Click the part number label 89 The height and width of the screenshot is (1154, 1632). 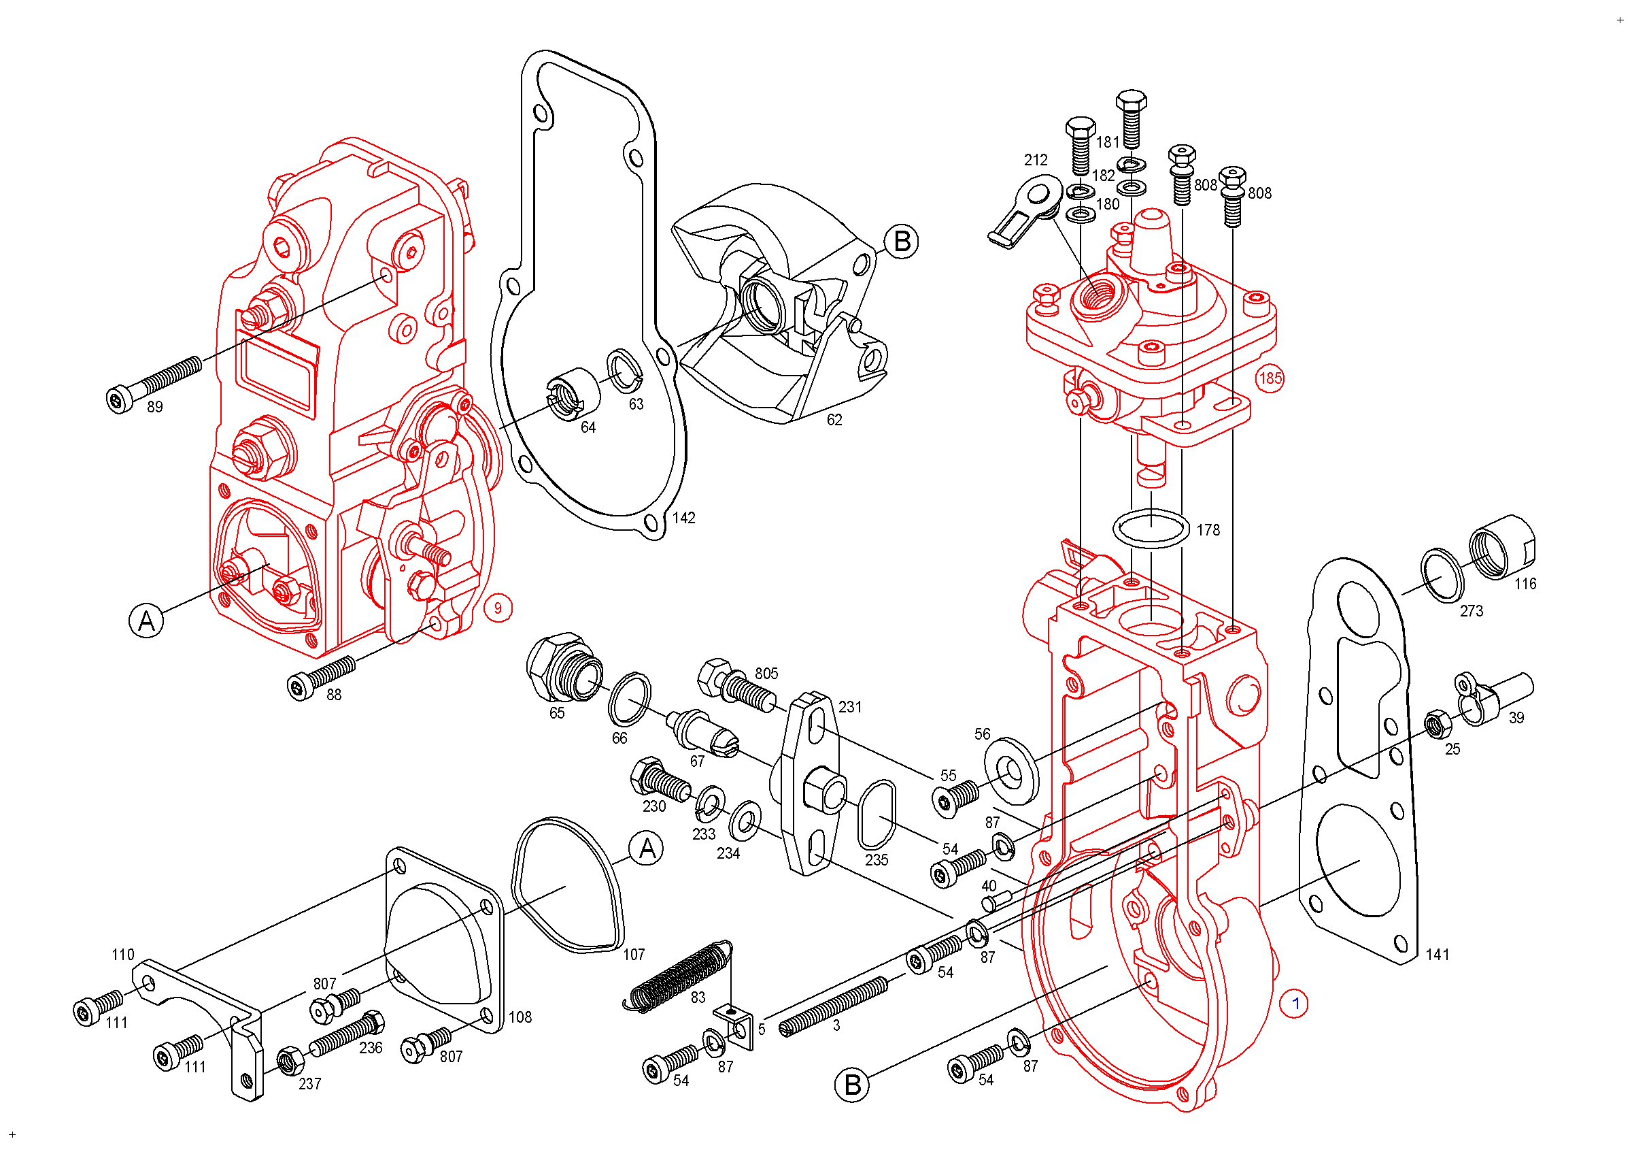click(x=154, y=407)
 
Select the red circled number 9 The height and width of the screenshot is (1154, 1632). click(x=498, y=608)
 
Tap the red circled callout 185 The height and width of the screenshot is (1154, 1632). click(x=1270, y=378)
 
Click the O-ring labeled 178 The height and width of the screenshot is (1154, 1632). click(x=1150, y=529)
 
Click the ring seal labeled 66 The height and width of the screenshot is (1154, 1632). click(x=629, y=699)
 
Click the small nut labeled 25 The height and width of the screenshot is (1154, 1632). click(x=1438, y=725)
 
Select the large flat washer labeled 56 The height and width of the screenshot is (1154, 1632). click(x=1010, y=771)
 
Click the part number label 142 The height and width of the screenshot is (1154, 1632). click(x=683, y=518)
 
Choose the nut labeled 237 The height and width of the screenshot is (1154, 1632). click(x=289, y=1061)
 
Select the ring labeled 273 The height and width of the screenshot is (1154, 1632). click(x=1442, y=575)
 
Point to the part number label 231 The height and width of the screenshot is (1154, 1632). click(x=849, y=707)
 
